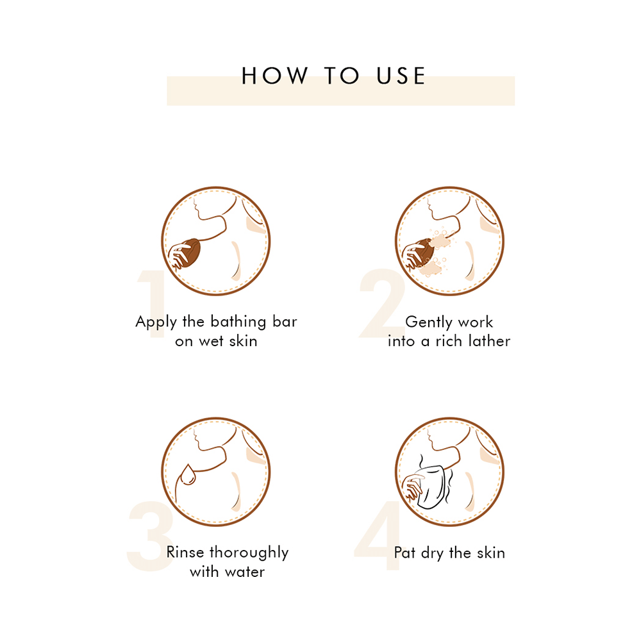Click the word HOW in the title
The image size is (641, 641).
click(x=274, y=76)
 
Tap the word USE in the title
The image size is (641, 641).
click(x=401, y=76)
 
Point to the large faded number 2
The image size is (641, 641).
click(x=382, y=303)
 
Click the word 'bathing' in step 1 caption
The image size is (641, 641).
click(x=238, y=322)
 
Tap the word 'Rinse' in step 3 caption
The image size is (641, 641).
click(x=185, y=553)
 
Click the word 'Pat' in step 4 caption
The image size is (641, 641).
click(x=404, y=553)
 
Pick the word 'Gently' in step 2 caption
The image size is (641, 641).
click(x=429, y=322)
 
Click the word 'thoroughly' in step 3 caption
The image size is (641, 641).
click(x=249, y=553)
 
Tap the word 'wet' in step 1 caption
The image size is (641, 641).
click(x=211, y=342)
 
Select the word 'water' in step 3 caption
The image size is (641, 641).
click(x=244, y=572)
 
